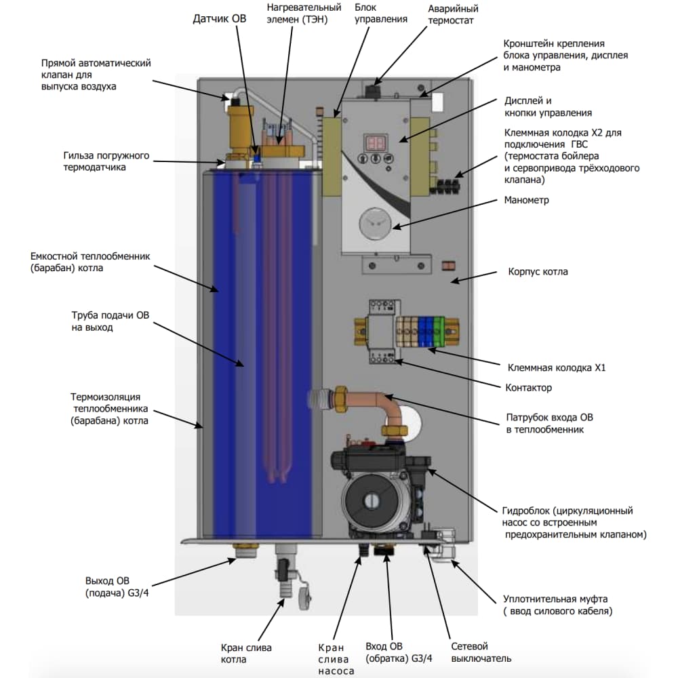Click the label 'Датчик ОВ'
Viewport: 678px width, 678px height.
(220, 19)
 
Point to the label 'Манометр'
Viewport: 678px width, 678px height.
(527, 201)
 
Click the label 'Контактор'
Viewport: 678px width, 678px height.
(529, 388)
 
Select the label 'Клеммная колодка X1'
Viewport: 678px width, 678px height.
(557, 368)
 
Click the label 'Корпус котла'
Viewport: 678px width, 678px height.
(538, 272)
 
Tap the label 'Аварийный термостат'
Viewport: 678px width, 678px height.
(453, 14)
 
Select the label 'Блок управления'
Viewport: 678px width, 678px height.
(381, 14)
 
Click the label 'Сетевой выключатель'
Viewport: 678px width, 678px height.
(481, 652)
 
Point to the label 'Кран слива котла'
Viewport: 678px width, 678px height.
(246, 654)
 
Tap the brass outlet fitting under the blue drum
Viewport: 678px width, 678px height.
(243, 548)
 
